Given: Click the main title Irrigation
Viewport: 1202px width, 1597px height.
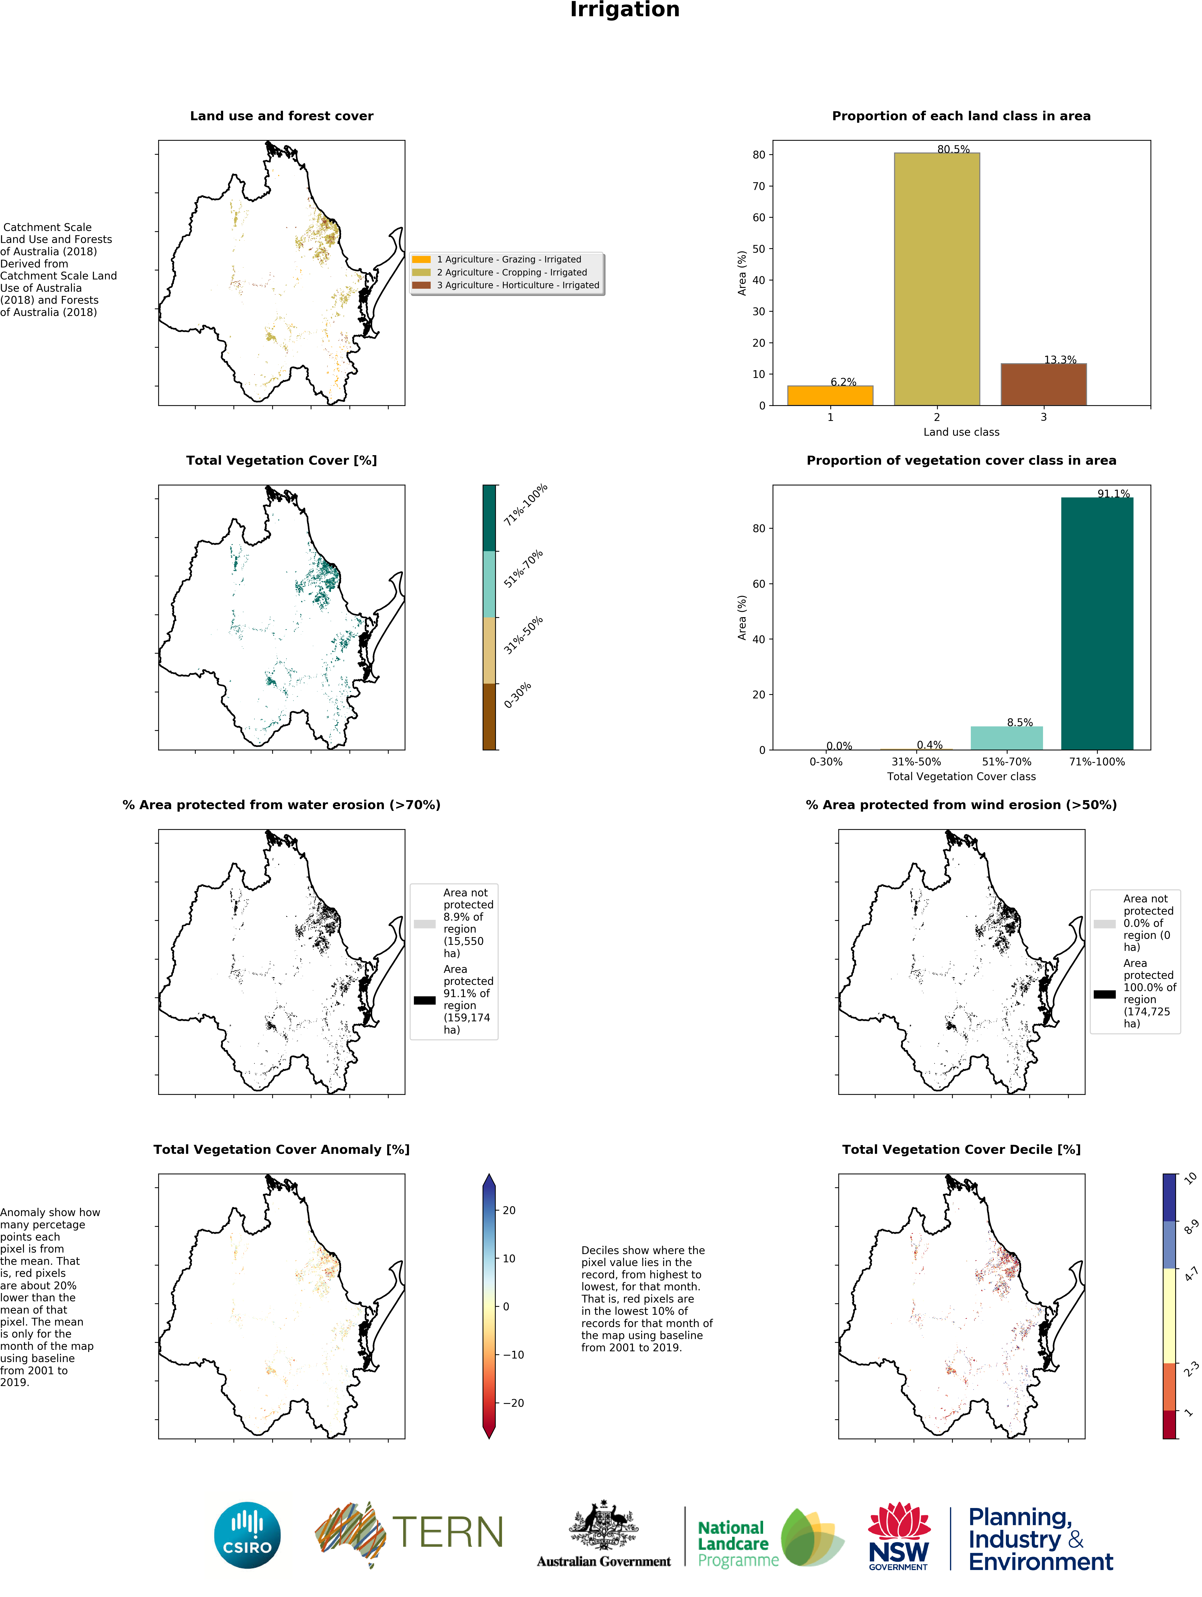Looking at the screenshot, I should (x=624, y=10).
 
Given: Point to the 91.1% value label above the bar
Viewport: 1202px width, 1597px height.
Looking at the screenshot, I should (x=1113, y=494).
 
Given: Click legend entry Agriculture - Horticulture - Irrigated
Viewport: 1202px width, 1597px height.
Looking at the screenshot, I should (x=517, y=285).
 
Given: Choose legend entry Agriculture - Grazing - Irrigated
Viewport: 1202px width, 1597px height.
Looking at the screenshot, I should (x=508, y=259).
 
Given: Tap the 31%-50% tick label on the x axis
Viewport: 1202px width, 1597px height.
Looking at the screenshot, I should (x=915, y=762).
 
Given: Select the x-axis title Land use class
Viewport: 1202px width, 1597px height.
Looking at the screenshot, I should (x=961, y=432).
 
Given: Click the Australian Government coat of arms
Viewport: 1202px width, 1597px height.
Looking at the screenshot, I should (x=604, y=1526).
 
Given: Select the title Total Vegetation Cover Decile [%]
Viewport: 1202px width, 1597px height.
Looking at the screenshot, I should (x=961, y=1149).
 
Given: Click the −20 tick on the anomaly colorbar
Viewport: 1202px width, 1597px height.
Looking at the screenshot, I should (x=513, y=1403).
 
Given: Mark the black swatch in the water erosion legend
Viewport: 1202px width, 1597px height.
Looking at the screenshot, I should (x=424, y=1000).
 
